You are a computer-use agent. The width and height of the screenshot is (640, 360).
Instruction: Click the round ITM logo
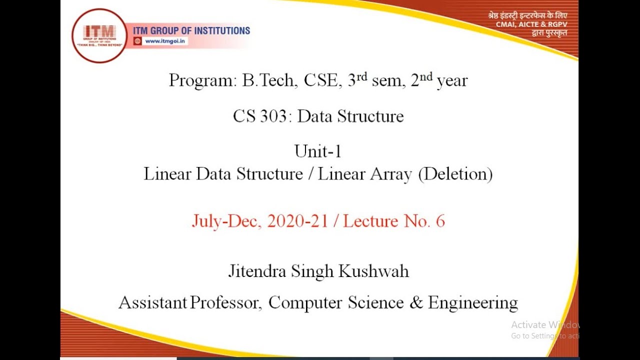click(99, 35)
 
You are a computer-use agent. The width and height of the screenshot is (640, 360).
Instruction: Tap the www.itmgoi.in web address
click(165, 41)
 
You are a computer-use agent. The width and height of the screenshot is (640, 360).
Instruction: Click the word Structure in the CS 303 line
click(370, 116)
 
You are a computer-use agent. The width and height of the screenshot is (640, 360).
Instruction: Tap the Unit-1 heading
click(318, 151)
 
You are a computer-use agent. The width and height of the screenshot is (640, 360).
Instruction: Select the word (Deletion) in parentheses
click(455, 174)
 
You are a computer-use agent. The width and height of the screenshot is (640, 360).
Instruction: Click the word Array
click(391, 174)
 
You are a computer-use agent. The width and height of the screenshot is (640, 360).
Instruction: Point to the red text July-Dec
click(225, 221)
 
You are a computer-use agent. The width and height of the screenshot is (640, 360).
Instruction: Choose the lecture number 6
click(440, 221)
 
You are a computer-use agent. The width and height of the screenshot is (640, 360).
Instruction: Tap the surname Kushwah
click(374, 271)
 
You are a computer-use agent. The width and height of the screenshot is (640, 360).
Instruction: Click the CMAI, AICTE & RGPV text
click(531, 24)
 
